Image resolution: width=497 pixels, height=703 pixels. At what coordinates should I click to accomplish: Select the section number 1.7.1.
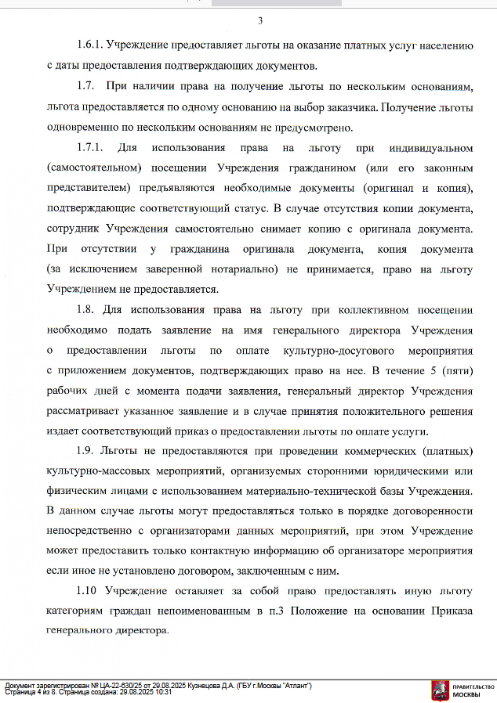[x=90, y=146]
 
